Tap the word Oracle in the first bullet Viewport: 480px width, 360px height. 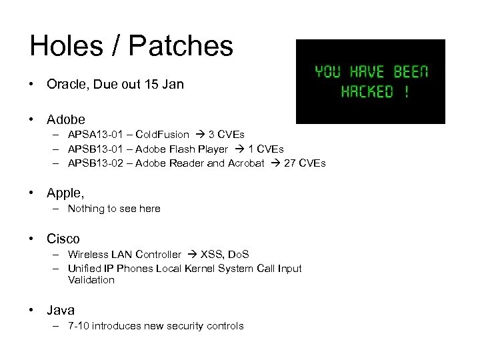click(65, 85)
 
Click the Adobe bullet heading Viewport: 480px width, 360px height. click(66, 119)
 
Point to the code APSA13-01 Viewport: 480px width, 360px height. click(91, 135)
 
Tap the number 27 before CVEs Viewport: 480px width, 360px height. click(290, 162)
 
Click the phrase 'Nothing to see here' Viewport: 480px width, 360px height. click(114, 209)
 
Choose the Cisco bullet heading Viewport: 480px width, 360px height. click(63, 238)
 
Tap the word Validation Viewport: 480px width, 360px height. click(91, 280)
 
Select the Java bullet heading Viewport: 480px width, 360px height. click(61, 310)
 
